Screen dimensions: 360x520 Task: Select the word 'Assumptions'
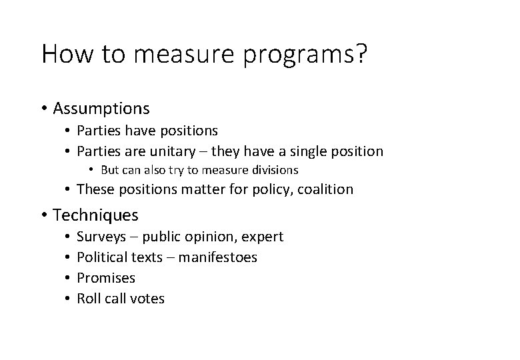[101, 108]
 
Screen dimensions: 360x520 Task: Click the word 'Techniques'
[95, 215]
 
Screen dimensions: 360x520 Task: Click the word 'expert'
[263, 237]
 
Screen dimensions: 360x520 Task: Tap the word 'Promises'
[106, 278]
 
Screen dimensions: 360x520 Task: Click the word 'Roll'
[89, 299]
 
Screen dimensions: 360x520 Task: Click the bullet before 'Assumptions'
[44, 108]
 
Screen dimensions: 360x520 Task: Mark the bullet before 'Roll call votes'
[69, 299]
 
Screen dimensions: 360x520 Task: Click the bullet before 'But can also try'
[93, 170]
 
